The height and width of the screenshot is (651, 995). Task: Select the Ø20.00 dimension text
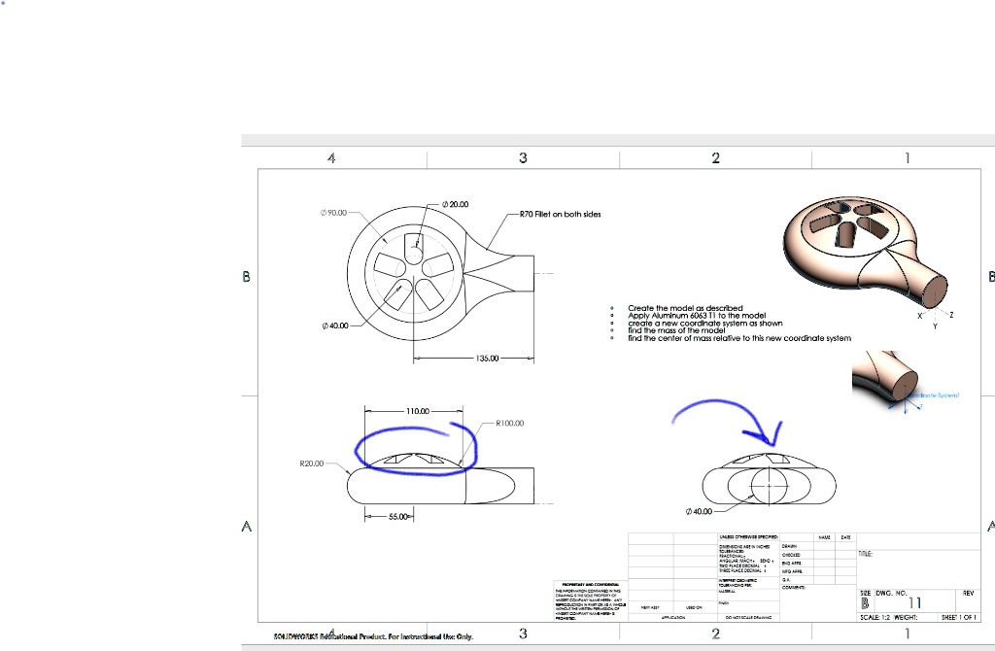click(x=455, y=204)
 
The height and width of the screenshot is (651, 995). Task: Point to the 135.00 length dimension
click(x=488, y=359)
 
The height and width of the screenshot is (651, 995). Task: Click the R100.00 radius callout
click(x=510, y=424)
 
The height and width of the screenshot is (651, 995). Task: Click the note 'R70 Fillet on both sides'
click(x=560, y=214)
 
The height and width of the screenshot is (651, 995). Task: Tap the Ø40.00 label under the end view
click(x=699, y=511)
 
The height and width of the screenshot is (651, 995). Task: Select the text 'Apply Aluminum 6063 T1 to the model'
click(x=697, y=316)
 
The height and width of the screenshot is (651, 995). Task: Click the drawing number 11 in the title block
click(x=913, y=603)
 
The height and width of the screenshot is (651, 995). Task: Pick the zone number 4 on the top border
click(x=331, y=157)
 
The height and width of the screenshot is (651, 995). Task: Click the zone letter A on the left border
click(x=247, y=527)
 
